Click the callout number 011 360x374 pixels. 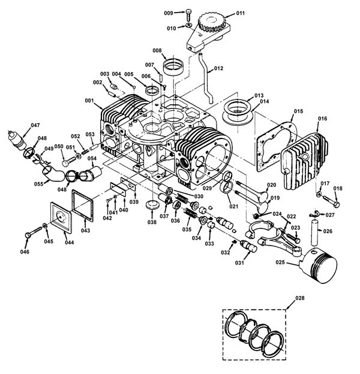pos(241,13)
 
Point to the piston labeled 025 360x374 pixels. pos(319,264)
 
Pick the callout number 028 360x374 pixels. pos(300,298)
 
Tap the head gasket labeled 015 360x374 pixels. pos(277,146)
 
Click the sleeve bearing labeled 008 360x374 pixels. pos(173,67)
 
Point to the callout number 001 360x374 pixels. pos(89,101)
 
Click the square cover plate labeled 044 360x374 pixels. pos(61,218)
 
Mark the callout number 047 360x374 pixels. pos(35,125)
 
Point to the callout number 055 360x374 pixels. pos(38,184)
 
